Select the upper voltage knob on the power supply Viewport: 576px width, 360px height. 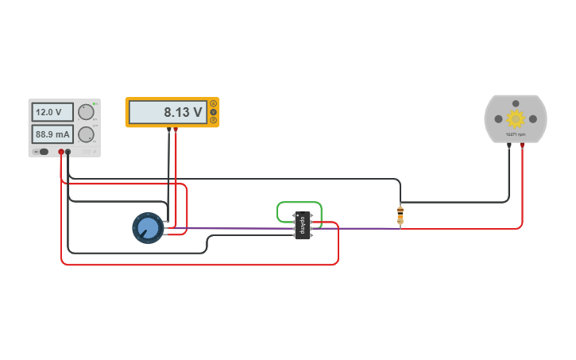click(x=86, y=112)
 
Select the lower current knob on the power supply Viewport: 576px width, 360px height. click(x=86, y=134)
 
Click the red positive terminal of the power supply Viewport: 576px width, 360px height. click(x=60, y=151)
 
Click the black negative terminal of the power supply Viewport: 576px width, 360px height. click(x=68, y=151)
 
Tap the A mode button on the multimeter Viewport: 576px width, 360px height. click(x=214, y=103)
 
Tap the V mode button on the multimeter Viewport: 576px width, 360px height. click(x=214, y=112)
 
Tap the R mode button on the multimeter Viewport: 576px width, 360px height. click(x=214, y=121)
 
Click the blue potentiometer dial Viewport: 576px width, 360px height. click(x=147, y=228)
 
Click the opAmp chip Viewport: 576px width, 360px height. click(x=302, y=226)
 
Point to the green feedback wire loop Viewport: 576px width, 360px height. click(x=299, y=203)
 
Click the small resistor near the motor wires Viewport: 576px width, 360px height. click(x=400, y=215)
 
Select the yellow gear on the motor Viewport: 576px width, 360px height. click(x=516, y=118)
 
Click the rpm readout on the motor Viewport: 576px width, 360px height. click(x=516, y=135)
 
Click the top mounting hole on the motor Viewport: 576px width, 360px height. click(x=516, y=103)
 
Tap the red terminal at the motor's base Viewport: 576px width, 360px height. click(x=522, y=145)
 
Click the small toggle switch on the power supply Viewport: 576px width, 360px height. click(x=43, y=151)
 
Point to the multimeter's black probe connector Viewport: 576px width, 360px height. click(x=168, y=130)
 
